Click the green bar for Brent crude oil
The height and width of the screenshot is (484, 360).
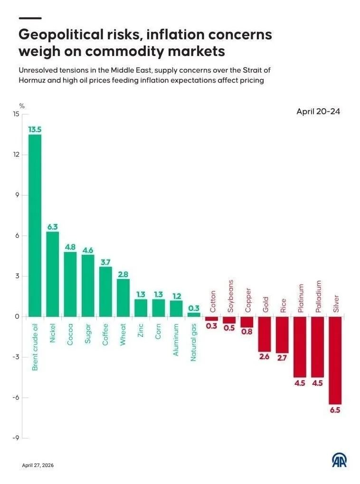click(x=35, y=225)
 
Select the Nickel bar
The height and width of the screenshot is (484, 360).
click(x=53, y=274)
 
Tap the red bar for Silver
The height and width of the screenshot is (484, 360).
click(x=335, y=360)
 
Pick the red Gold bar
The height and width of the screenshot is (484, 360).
click(x=265, y=334)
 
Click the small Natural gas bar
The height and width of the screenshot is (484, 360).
click(x=194, y=315)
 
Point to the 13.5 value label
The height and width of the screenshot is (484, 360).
click(x=35, y=130)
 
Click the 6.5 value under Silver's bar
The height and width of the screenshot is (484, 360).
click(x=335, y=410)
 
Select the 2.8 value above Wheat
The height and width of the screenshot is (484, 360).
click(x=123, y=274)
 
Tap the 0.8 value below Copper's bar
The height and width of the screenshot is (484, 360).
click(x=247, y=332)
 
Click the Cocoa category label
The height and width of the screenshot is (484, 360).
click(x=70, y=335)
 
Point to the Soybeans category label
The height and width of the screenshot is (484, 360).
click(x=230, y=296)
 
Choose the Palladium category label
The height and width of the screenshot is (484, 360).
click(x=319, y=296)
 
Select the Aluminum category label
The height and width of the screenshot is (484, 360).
click(x=176, y=340)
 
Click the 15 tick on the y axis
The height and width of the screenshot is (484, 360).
click(x=16, y=114)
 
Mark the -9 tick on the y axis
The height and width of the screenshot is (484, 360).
click(x=16, y=437)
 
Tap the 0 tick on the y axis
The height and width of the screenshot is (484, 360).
click(x=17, y=316)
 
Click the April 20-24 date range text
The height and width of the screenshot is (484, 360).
click(x=318, y=112)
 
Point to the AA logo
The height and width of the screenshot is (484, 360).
click(x=339, y=461)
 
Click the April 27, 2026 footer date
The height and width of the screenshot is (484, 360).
click(x=38, y=465)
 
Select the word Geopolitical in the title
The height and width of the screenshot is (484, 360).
click(x=61, y=35)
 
